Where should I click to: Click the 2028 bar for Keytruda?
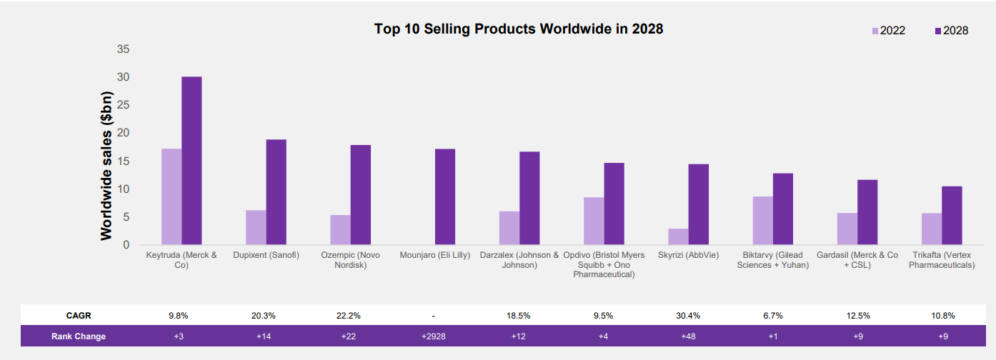tap(191, 161)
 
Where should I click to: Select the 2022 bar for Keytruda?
tap(171, 196)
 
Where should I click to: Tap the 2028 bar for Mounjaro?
tap(445, 196)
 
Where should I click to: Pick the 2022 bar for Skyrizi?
tap(678, 236)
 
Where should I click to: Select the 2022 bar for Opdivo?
tap(594, 221)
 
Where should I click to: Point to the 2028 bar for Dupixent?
tap(277, 192)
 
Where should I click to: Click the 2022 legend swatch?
tap(875, 31)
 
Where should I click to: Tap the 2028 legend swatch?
tap(938, 31)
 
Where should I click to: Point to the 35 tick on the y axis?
tap(123, 49)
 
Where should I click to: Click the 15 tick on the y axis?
tap(123, 161)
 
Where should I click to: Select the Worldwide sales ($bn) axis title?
tap(106, 165)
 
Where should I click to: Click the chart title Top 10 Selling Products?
tap(519, 29)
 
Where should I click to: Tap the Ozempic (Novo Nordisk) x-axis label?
tap(350, 260)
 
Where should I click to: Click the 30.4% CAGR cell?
tap(688, 315)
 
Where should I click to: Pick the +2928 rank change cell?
tap(434, 336)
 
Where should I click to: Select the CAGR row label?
tap(79, 315)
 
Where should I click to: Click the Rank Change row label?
tap(79, 336)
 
